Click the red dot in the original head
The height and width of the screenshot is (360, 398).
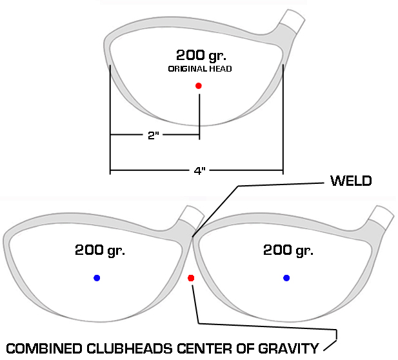click(x=199, y=86)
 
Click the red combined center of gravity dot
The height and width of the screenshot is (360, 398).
click(x=191, y=278)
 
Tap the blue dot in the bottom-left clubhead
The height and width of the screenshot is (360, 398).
click(x=97, y=278)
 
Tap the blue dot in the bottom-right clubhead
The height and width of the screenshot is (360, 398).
click(x=286, y=278)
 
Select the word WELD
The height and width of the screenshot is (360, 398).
click(x=351, y=181)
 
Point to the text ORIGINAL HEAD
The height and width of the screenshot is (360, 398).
click(x=199, y=69)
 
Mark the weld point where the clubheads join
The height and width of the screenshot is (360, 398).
click(x=193, y=236)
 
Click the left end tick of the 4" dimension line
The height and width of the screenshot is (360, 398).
click(x=110, y=171)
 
